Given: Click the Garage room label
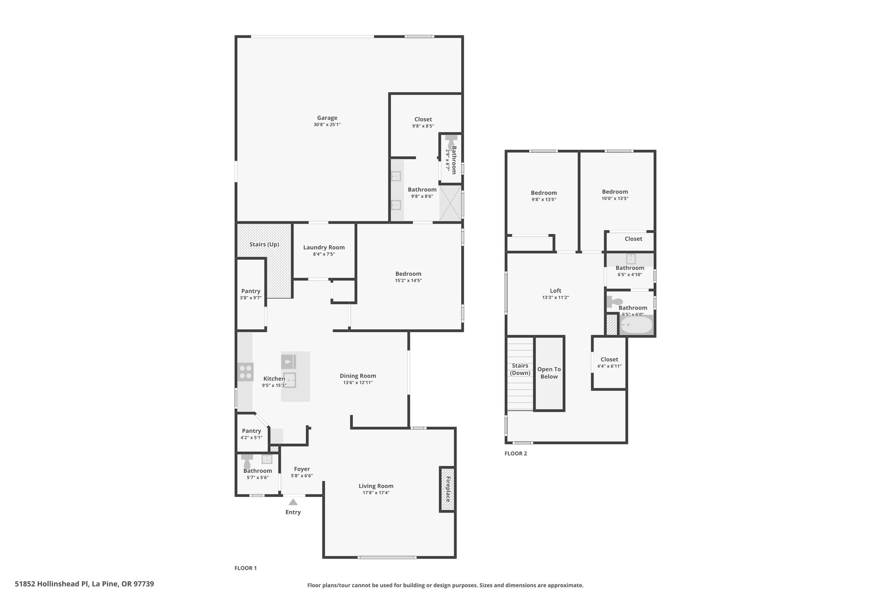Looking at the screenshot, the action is (x=327, y=118).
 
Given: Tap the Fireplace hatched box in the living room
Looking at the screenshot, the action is (x=447, y=489).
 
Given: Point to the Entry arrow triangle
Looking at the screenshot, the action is (x=293, y=502).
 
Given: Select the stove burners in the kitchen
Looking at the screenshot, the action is (x=245, y=372).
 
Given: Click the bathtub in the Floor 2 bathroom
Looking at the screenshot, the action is (x=636, y=325).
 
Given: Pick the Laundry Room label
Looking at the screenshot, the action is (x=324, y=248).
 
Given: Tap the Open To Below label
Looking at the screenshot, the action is (x=549, y=373).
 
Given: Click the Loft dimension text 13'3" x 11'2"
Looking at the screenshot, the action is (x=556, y=298).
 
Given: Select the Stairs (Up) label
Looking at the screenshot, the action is (x=264, y=245).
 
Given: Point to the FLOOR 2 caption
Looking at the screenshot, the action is (x=516, y=453).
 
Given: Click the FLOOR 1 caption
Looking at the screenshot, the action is (x=246, y=568).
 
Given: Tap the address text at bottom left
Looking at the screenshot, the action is (x=84, y=584).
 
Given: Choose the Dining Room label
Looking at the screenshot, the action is (x=358, y=376).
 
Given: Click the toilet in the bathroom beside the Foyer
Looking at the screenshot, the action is (x=247, y=461).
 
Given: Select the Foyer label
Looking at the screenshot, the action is (x=302, y=469).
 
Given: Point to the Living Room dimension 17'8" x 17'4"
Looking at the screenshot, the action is (x=376, y=493).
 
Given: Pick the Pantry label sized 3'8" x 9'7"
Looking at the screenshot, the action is (x=251, y=291).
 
